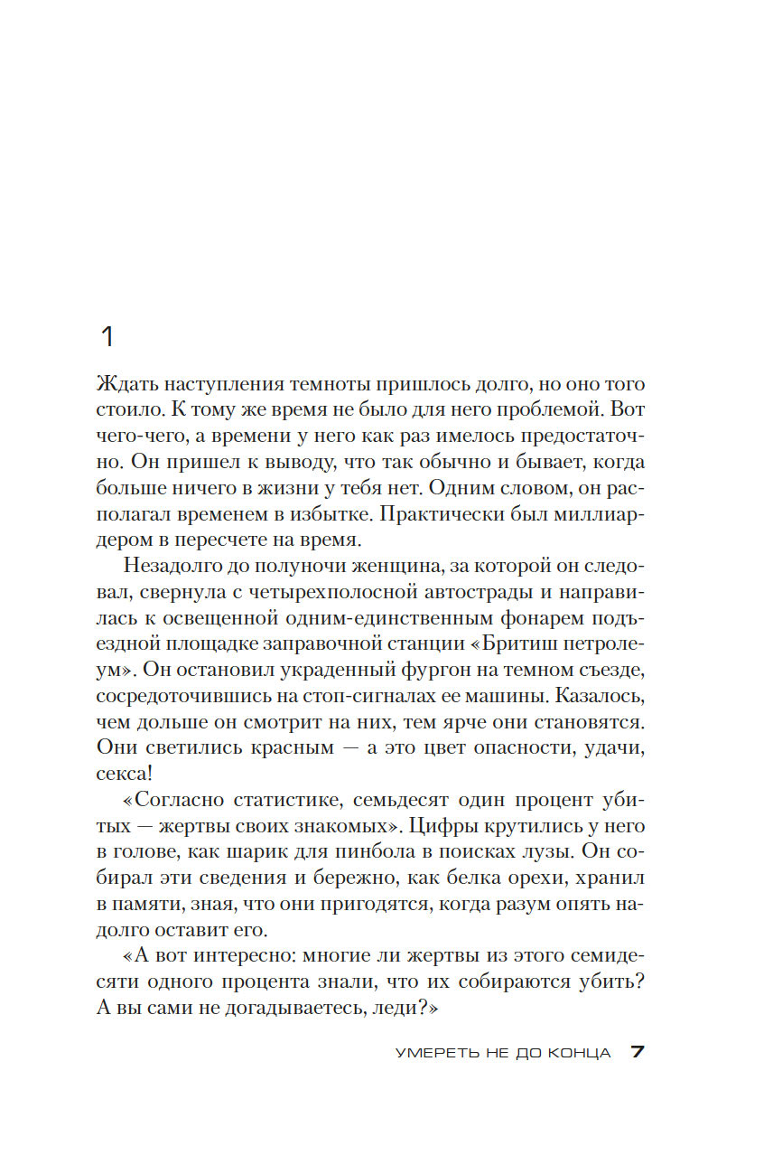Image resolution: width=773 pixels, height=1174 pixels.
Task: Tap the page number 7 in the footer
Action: click(637, 1053)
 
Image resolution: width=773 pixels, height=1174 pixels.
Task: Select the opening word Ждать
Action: click(124, 384)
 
